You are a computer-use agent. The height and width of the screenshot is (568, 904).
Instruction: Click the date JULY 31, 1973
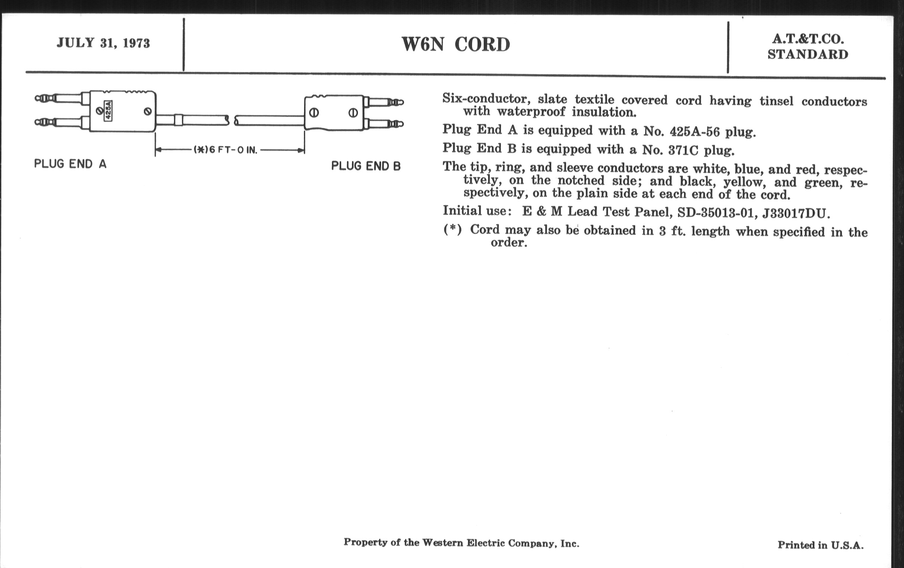click(x=103, y=43)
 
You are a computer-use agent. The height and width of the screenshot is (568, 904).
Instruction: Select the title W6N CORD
click(x=456, y=45)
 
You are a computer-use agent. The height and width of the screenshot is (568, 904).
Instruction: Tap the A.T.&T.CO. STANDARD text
click(x=808, y=47)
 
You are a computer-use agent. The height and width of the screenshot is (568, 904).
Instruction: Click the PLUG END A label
click(x=70, y=164)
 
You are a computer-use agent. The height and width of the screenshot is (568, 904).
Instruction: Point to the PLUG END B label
click(x=366, y=166)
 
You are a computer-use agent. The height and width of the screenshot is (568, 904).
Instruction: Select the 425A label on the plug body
click(x=108, y=110)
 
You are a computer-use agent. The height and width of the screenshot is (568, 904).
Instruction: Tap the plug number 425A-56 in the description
click(x=694, y=131)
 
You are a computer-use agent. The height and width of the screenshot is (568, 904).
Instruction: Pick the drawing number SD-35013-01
click(x=716, y=213)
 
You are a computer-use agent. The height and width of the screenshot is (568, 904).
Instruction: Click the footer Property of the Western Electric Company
click(x=461, y=543)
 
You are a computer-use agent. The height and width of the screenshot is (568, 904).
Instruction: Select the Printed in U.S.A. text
click(x=820, y=545)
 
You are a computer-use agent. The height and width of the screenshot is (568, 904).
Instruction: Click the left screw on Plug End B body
click(x=314, y=112)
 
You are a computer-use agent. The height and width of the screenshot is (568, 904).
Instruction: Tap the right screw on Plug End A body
click(x=148, y=111)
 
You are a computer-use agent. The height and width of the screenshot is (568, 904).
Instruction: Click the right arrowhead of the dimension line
click(x=301, y=150)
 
